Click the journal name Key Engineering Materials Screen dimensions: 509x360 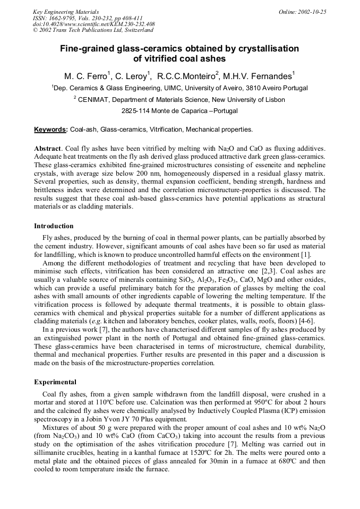(x=66, y=11)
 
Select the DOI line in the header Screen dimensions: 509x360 (x=93, y=24)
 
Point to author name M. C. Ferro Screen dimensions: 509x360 (x=84, y=76)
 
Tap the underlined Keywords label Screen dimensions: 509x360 (x=50, y=129)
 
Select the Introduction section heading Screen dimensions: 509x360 (x=54, y=226)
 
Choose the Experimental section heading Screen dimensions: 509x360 (x=55, y=382)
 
